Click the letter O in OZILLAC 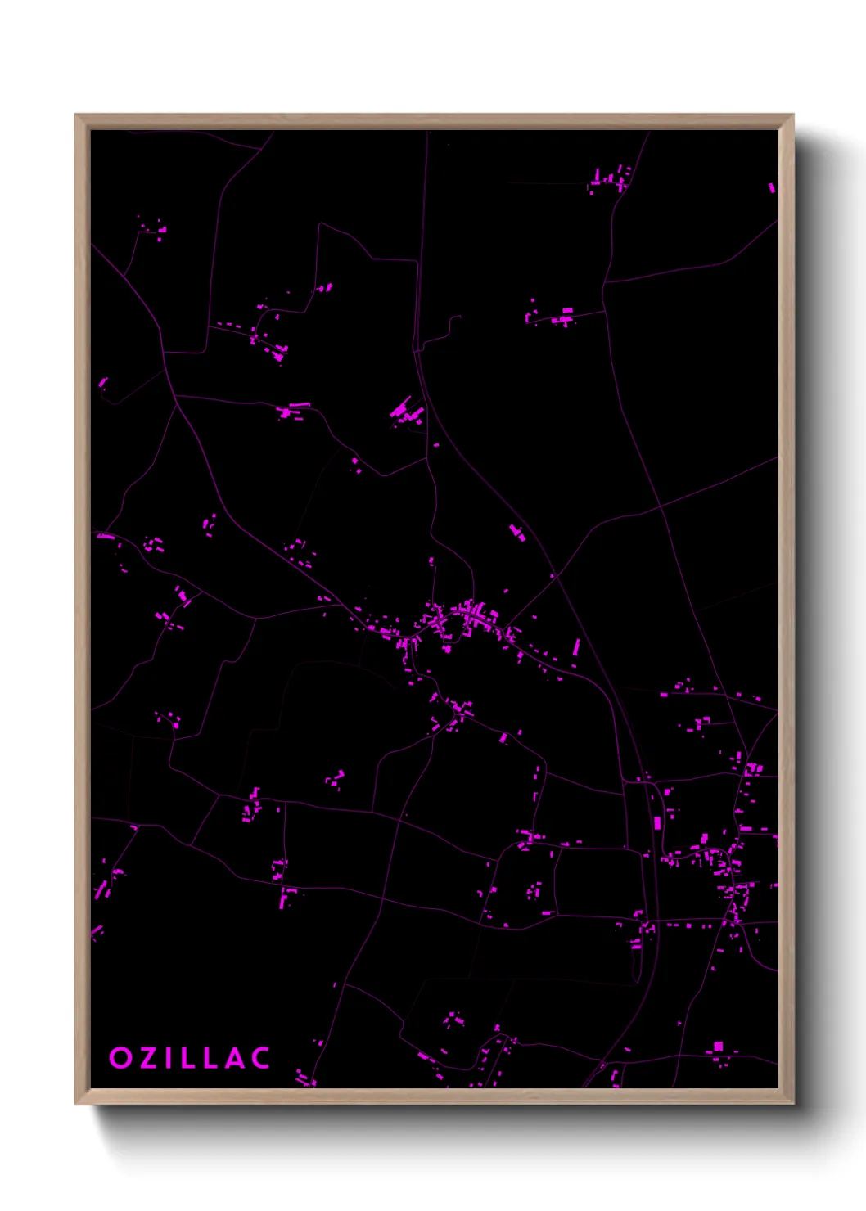tap(120, 1058)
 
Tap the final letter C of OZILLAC tap(261, 1058)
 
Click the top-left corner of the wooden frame tap(76, 115)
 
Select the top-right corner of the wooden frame tap(792, 115)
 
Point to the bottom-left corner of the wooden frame tap(76, 1103)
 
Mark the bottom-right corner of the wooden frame tap(792, 1103)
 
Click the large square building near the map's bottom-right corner tap(718, 1047)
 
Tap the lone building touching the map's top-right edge tap(771, 188)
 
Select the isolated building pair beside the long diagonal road tap(516, 532)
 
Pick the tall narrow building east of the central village tap(576, 648)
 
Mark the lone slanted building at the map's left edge tap(103, 382)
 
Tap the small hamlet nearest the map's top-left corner tap(154, 228)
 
